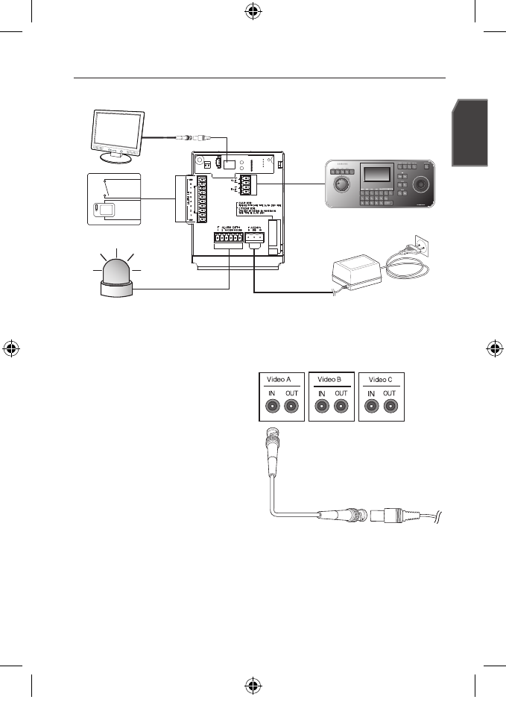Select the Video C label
pyautogui.click(x=381, y=379)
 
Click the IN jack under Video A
pyautogui.click(x=271, y=407)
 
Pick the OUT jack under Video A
pyautogui.click(x=291, y=407)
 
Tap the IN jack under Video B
pyautogui.click(x=321, y=407)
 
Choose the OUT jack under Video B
pyautogui.click(x=341, y=407)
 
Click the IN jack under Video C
pyautogui.click(x=371, y=407)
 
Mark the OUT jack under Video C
pyautogui.click(x=390, y=407)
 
